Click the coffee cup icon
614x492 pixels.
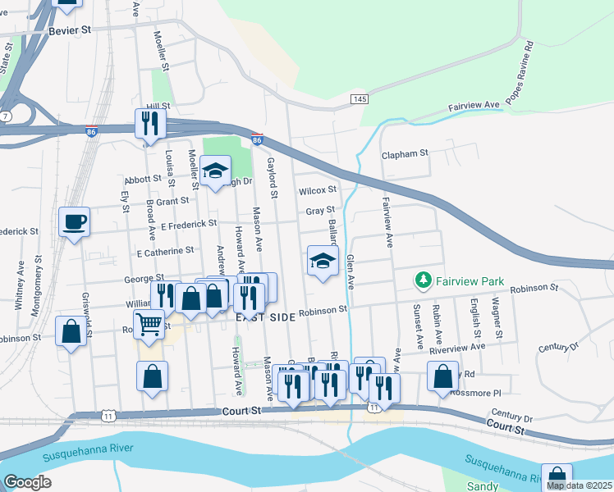(74, 221)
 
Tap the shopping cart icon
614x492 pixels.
(149, 323)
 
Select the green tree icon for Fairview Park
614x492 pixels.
(424, 281)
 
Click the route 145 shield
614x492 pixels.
(360, 98)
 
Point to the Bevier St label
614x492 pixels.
(70, 30)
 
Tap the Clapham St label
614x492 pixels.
(405, 153)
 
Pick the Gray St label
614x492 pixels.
(320, 211)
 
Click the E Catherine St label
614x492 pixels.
(165, 250)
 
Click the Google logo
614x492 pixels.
(27, 481)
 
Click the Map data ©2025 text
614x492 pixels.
(578, 485)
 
